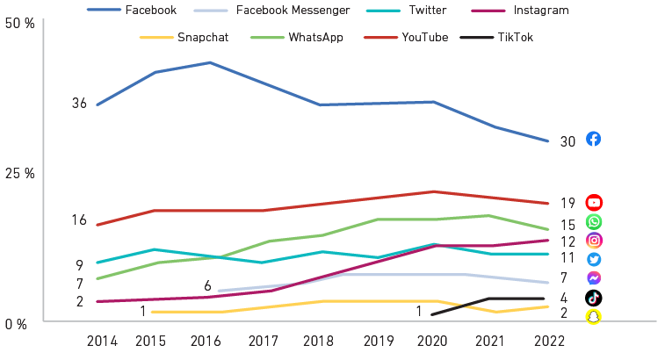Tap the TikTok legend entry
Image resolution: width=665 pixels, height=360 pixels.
pos(515,37)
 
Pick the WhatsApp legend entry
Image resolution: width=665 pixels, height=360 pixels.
pos(309,37)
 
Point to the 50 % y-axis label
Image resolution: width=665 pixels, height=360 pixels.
pos(18,24)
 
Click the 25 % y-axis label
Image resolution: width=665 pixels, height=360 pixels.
pos(18,173)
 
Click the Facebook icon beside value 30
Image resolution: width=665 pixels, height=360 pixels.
pos(593,140)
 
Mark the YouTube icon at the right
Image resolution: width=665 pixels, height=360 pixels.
pos(594,203)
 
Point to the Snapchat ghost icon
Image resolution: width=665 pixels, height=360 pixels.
pos(594,316)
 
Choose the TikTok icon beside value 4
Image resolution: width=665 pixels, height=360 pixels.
pos(594,298)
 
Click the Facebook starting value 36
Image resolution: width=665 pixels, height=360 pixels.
pos(79,104)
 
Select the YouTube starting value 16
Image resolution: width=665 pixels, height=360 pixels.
pos(79,220)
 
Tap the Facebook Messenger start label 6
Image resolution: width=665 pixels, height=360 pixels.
pos(207,285)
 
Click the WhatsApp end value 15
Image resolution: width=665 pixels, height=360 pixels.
pos(567,226)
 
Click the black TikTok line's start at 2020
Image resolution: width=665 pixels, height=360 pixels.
pos(432,313)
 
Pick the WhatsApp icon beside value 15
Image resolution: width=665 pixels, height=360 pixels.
pos(594,222)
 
